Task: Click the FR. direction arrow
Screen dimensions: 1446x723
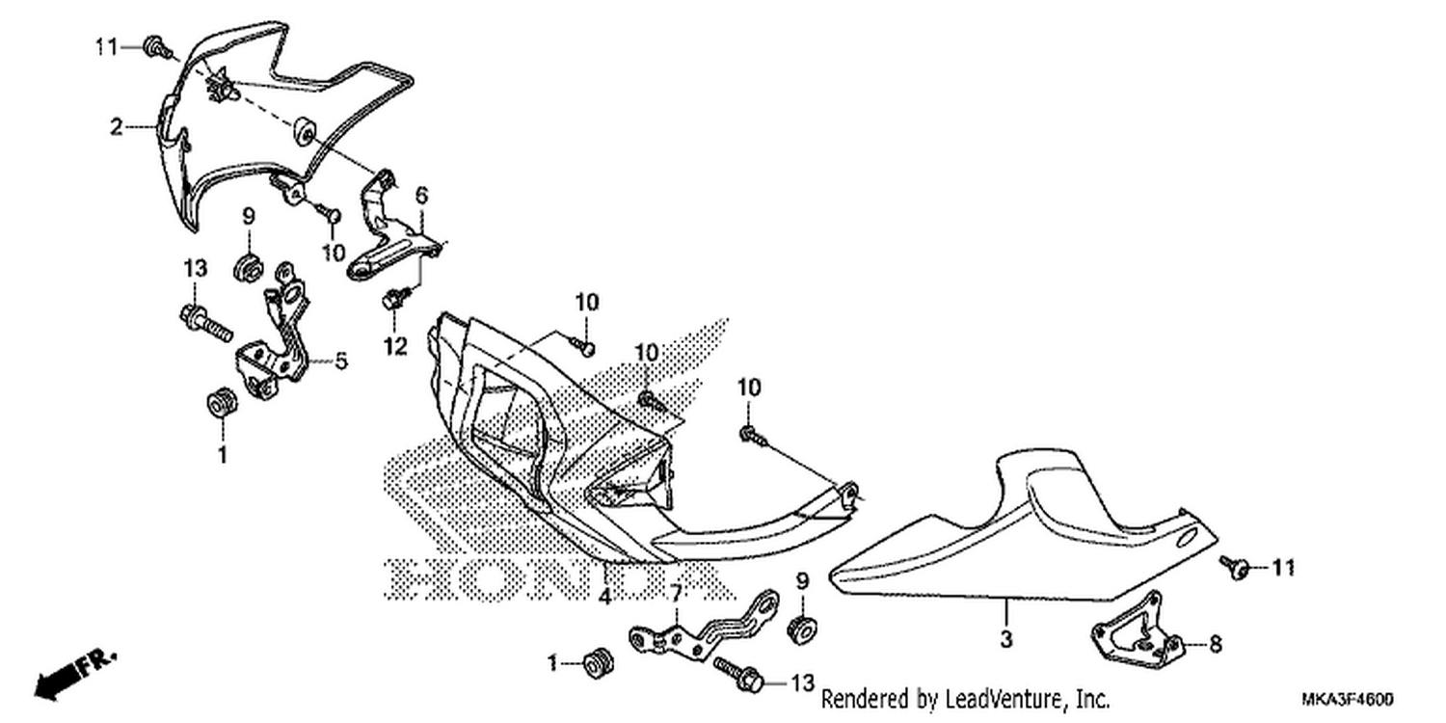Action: point(74,675)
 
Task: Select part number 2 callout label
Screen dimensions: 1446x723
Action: point(117,126)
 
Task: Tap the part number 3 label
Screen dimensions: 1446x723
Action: point(1006,639)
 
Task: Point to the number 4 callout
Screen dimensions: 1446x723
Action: point(604,597)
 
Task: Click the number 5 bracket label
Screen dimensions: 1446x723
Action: point(341,361)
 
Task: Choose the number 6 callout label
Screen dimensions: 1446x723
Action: point(421,195)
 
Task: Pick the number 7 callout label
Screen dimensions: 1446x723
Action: point(676,594)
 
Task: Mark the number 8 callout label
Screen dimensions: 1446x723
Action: point(1216,644)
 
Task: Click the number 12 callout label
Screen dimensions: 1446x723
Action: point(395,347)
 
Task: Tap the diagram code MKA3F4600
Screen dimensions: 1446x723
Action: point(1348,700)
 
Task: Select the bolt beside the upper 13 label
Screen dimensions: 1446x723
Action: point(205,324)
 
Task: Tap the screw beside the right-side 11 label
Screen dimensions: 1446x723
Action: point(1236,568)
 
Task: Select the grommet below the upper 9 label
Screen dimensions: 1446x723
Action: point(248,266)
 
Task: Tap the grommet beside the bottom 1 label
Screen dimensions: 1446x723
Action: point(598,664)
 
